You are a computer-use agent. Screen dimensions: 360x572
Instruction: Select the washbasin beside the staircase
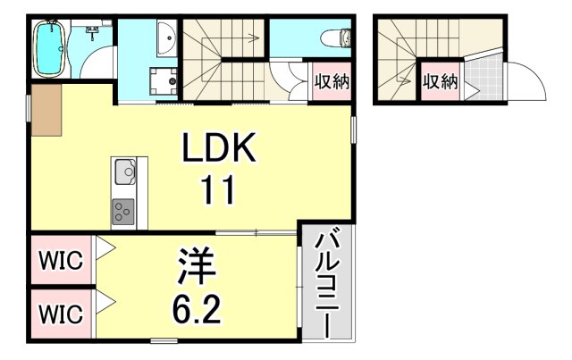point(165,38)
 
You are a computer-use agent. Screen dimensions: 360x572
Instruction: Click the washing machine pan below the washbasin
point(164,81)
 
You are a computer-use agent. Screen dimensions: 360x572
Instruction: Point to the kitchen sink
point(124,170)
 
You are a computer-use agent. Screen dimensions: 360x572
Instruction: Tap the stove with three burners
point(124,212)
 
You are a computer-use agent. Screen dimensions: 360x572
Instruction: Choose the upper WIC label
point(61,261)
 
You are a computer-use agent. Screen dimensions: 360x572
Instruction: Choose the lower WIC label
point(61,314)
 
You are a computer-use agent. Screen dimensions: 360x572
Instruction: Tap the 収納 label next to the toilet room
point(330,83)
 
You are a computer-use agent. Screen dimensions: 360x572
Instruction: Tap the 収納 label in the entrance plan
point(440,82)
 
